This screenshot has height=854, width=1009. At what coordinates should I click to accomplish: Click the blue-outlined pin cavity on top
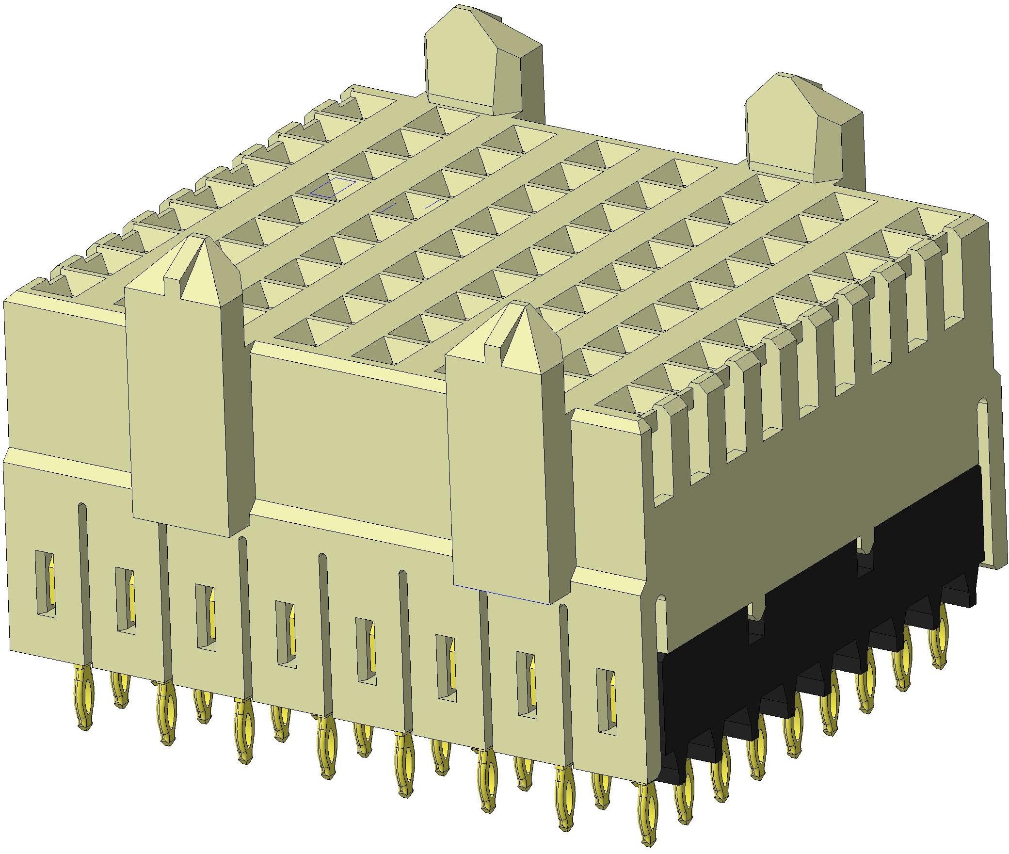(x=333, y=187)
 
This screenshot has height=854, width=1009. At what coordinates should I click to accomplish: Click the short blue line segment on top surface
(x=388, y=208)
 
